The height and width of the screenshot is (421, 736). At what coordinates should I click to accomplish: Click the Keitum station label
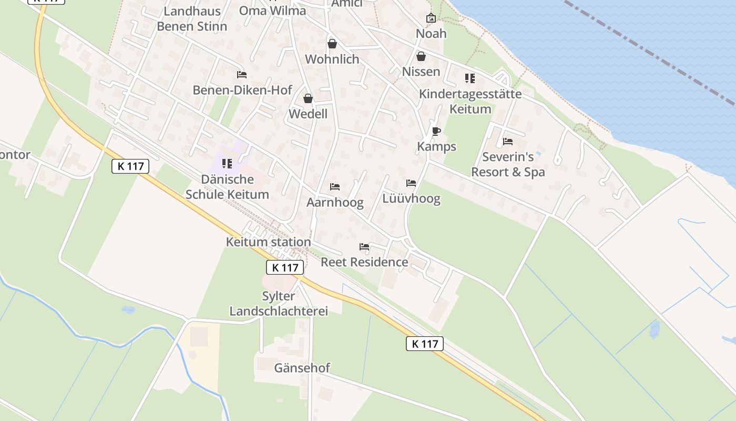point(268,242)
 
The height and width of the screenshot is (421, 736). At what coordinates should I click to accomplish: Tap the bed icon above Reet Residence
point(364,246)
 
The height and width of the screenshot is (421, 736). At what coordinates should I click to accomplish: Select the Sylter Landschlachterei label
point(279,304)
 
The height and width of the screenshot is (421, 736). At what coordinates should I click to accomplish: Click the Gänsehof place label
point(302,368)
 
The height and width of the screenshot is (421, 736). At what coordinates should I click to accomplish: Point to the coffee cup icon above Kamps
point(436,131)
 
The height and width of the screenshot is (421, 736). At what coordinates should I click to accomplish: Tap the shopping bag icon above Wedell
point(308,98)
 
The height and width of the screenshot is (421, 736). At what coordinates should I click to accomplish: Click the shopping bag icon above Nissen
point(421,56)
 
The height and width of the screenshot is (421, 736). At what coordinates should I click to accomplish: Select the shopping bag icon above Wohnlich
point(332,44)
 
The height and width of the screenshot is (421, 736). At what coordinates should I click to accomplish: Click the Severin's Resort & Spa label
point(508,164)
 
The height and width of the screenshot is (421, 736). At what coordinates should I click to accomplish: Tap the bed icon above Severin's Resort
point(507,141)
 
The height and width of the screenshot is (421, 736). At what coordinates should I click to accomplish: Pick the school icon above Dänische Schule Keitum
point(227,164)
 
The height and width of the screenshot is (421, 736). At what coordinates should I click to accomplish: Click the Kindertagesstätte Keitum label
point(470,102)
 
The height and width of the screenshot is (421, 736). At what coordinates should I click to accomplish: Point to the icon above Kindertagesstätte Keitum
point(469,78)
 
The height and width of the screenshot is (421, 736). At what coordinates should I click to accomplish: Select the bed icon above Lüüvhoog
point(411,183)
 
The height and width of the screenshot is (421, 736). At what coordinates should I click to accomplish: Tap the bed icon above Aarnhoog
point(335,186)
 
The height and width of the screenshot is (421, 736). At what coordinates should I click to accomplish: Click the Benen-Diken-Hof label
point(242,90)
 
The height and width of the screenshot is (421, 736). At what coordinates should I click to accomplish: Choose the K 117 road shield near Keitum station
point(285,267)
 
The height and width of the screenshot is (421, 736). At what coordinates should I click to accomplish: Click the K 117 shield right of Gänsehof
point(425,344)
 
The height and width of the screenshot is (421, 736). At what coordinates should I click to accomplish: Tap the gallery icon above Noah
point(431,18)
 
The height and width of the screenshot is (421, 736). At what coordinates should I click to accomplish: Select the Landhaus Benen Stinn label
point(192,18)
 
